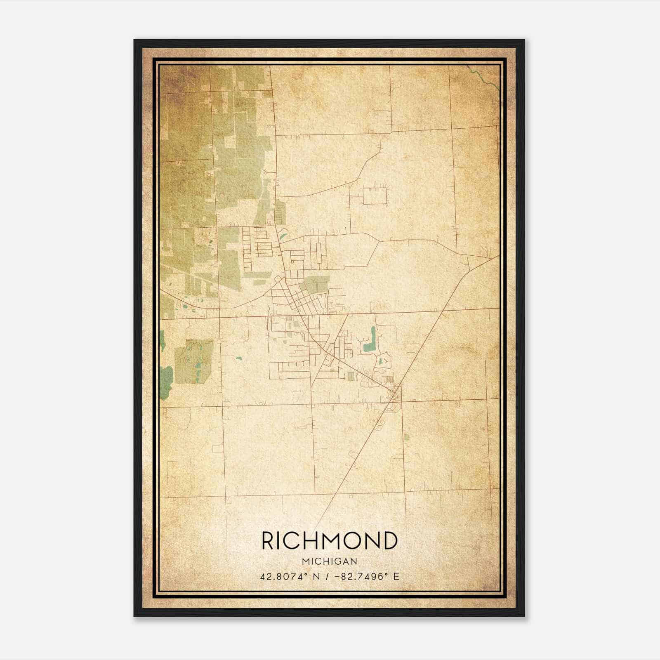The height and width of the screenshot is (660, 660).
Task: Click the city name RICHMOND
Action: tap(329, 541)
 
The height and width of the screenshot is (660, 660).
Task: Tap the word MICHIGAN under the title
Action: tap(329, 561)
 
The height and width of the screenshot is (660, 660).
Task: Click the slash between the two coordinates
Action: tap(326, 576)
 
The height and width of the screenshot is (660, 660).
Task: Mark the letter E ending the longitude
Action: tap(396, 576)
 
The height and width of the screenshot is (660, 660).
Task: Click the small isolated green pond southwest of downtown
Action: tap(238, 358)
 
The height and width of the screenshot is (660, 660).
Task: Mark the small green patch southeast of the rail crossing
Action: tap(406, 436)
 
